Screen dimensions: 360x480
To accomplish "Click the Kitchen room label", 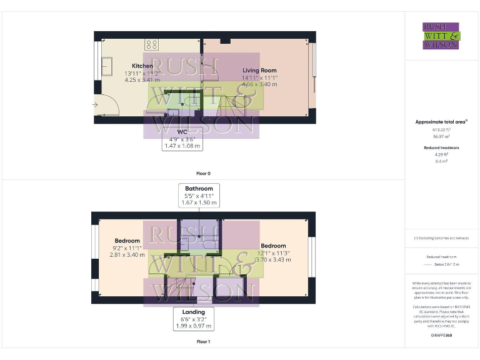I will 142,66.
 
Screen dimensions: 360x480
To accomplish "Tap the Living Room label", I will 259,71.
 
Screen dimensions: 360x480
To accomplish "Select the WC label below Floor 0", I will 182,132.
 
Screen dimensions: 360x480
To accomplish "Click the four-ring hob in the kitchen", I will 152,44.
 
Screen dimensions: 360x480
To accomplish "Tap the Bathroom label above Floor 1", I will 199,188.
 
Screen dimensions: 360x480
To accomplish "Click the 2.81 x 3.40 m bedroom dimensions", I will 132,254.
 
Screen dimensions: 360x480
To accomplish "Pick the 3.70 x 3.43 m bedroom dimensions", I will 273,259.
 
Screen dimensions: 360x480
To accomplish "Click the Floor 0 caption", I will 203,172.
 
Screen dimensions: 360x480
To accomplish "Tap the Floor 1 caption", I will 203,342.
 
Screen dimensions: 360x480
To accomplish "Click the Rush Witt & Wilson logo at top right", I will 441,36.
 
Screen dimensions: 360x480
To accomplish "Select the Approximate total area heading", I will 441,122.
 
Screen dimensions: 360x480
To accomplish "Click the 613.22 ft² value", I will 441,129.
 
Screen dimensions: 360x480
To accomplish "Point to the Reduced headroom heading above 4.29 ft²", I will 441,147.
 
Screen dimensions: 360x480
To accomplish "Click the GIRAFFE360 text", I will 441,336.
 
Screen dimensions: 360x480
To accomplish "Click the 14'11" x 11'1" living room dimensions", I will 259,77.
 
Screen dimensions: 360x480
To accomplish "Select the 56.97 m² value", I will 441,136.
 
